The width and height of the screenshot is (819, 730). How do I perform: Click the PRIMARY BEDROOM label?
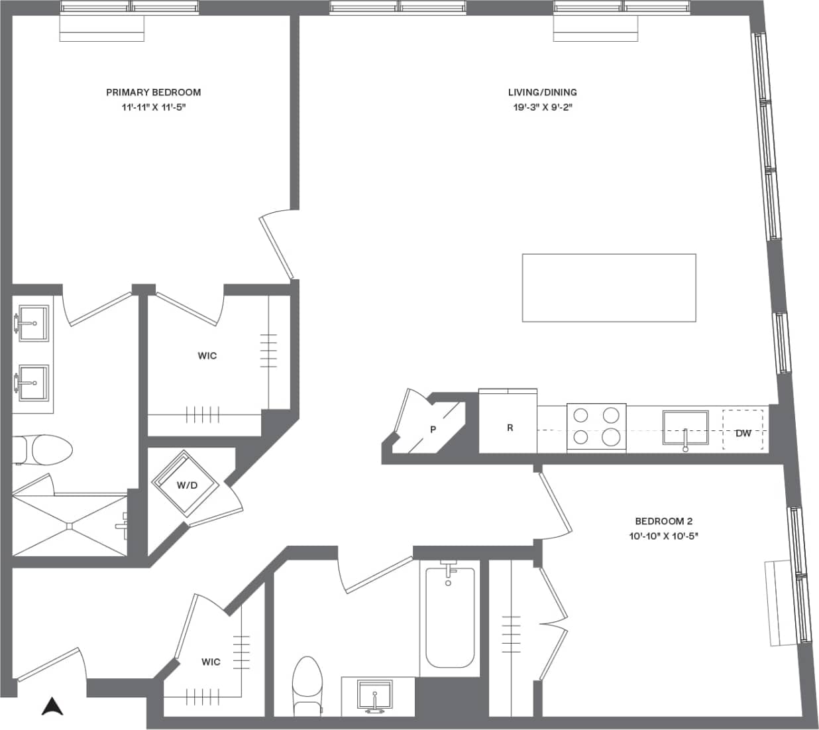(x=153, y=92)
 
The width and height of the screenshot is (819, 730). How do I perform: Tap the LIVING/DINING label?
(x=542, y=92)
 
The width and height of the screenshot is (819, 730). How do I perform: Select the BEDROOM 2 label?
(x=663, y=521)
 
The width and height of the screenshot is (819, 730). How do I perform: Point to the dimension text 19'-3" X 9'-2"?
(x=542, y=107)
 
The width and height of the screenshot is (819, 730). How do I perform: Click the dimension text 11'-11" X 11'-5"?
(x=153, y=107)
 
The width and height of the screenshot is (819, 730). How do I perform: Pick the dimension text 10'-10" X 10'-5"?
(x=663, y=536)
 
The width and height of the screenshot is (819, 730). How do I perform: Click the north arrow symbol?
(x=52, y=707)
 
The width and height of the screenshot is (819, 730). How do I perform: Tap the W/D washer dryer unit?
(x=186, y=485)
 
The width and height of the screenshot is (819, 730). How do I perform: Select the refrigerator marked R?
(x=509, y=428)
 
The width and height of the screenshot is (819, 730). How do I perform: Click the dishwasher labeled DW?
(x=743, y=433)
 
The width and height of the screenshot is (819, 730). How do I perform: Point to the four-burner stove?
(x=596, y=427)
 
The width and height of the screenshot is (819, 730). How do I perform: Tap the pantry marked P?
(x=432, y=429)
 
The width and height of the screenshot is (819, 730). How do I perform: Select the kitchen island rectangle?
(x=608, y=288)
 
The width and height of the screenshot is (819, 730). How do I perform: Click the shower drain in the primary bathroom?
(x=69, y=526)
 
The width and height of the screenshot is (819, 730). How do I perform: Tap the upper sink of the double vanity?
(x=33, y=323)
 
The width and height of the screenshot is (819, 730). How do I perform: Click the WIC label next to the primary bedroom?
(x=207, y=356)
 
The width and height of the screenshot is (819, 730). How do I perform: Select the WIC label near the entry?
(x=211, y=662)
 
